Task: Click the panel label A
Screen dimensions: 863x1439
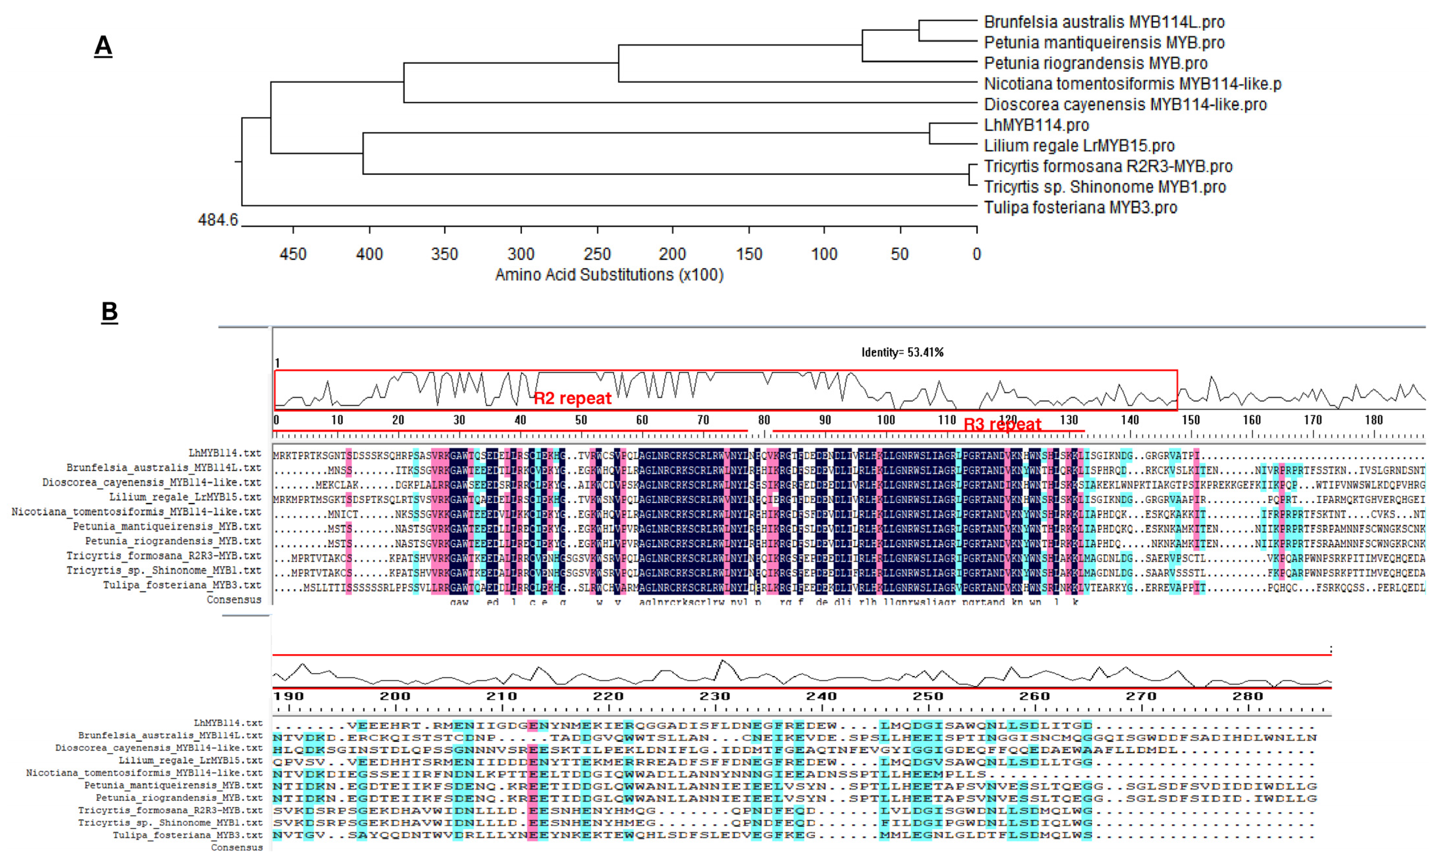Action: (103, 45)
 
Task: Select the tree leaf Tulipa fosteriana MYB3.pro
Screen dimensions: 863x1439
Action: (1080, 207)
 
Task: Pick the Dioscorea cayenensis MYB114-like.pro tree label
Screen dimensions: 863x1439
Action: (1125, 105)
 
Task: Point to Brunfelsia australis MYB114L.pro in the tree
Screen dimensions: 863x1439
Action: (1104, 22)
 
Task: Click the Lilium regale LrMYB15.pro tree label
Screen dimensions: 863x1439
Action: (1079, 146)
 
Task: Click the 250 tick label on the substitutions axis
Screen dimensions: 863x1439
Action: (597, 254)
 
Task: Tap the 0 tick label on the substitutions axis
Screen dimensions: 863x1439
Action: (976, 254)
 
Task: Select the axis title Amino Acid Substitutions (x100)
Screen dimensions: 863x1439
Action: (609, 274)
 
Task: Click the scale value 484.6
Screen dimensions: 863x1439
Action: (218, 220)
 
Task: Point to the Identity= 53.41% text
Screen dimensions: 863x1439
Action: (902, 352)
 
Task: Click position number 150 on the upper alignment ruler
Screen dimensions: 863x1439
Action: (1191, 420)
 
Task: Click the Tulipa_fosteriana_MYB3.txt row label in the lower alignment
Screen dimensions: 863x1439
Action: (187, 835)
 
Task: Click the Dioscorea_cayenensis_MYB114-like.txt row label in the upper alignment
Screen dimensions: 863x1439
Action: (152, 483)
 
